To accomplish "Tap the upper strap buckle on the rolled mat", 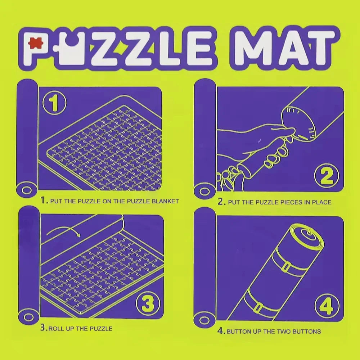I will [x=287, y=267].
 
